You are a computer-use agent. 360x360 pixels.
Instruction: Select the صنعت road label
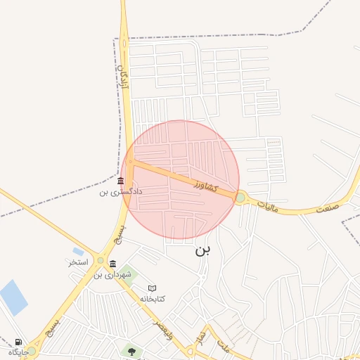[x=327, y=207]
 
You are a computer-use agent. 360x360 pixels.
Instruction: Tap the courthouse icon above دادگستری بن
[x=121, y=181]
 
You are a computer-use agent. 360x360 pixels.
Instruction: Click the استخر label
[x=77, y=262]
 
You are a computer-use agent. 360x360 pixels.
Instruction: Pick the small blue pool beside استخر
[x=78, y=252]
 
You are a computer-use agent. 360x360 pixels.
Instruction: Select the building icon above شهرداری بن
[x=112, y=264]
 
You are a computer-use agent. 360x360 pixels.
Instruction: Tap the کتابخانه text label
[x=153, y=298]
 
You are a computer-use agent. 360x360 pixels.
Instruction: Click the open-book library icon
[x=153, y=288]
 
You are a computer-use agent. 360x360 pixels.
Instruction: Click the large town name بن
[x=202, y=250]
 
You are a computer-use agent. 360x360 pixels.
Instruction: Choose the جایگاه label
[x=18, y=352]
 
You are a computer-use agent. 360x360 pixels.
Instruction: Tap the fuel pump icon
[x=17, y=342]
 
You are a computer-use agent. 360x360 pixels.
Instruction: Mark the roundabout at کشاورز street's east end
[x=240, y=198]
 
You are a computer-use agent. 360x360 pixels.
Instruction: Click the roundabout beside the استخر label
[x=100, y=260]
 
